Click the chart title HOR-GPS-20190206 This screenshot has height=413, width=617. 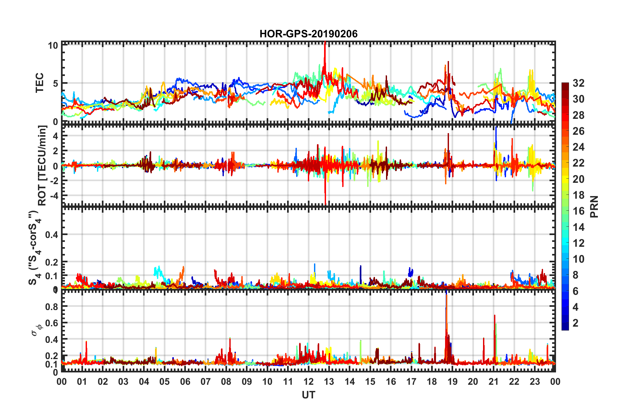click(308, 34)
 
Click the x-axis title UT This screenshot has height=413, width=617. click(308, 395)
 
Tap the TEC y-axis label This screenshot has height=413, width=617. click(39, 83)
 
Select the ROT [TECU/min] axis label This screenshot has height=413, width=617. click(42, 166)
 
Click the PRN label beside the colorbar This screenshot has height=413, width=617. click(594, 206)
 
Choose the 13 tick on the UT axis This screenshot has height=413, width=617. click(329, 382)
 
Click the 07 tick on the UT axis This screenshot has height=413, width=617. click(206, 382)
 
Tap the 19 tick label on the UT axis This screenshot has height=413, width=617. click(453, 382)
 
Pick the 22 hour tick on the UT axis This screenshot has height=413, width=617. click(514, 382)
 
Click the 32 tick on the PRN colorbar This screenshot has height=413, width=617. click(578, 83)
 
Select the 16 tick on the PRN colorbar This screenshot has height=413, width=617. click(578, 211)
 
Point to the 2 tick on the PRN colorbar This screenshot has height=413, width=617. click(576, 323)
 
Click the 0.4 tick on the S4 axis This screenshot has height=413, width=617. click(52, 234)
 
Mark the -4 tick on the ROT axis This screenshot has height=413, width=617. click(53, 196)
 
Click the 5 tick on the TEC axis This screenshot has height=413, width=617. click(55, 83)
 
